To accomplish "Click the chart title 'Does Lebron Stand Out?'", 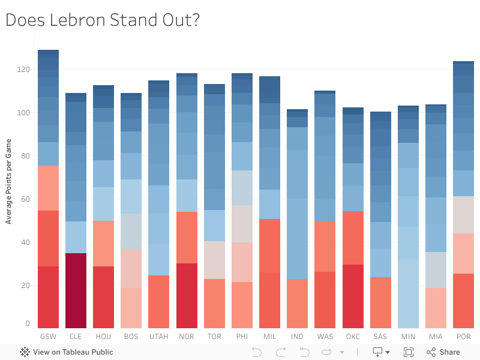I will click(x=103, y=20).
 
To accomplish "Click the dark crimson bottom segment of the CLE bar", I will click(x=76, y=290).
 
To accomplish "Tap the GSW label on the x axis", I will click(x=48, y=337).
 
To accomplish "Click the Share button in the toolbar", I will click(x=443, y=352).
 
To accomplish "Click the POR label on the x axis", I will click(x=463, y=337).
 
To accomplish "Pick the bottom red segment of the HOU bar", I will click(x=103, y=297).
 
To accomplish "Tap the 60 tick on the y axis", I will click(x=25, y=199).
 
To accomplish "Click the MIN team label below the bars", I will click(x=408, y=337).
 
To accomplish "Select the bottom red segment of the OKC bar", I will click(x=353, y=296).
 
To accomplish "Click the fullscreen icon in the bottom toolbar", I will click(x=409, y=352).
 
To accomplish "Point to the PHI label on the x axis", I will click(x=242, y=337).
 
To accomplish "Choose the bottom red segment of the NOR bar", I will click(x=187, y=296).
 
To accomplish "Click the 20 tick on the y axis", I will click(x=25, y=286).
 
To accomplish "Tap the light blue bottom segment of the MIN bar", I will click(x=408, y=294).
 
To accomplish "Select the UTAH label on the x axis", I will click(x=159, y=337).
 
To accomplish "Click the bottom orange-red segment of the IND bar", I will click(x=297, y=304).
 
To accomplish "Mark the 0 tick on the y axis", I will click(x=27, y=324).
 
